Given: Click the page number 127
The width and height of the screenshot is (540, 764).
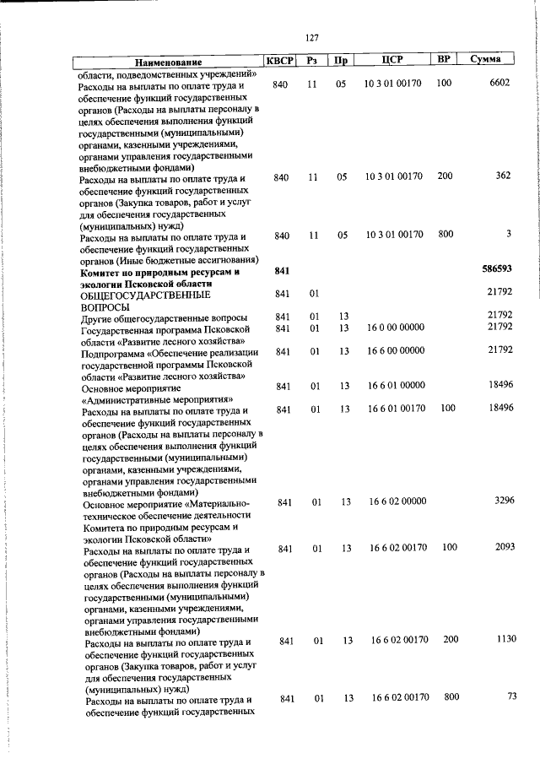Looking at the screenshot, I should [x=311, y=37].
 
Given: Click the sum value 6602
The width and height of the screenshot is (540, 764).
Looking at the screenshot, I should [x=499, y=84].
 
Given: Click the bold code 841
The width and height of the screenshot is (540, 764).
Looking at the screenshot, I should [x=282, y=271].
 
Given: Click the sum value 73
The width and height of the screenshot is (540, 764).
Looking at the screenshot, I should [x=510, y=696].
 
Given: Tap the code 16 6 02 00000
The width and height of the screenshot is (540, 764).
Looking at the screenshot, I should [x=397, y=501].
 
